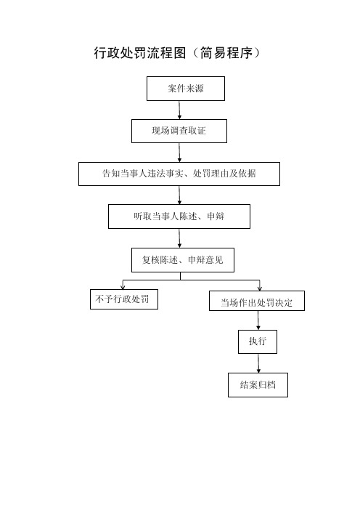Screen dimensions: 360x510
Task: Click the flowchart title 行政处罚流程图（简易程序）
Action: (177, 53)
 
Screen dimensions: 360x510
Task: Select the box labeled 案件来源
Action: (186, 89)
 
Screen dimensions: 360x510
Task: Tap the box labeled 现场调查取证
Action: (179, 131)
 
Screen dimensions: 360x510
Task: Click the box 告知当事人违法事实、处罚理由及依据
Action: (179, 174)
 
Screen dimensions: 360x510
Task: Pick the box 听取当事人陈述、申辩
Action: (179, 216)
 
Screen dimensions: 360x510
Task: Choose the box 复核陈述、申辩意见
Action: (183, 260)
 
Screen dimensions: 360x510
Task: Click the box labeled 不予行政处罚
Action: (124, 299)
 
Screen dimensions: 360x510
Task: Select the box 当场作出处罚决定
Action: (257, 301)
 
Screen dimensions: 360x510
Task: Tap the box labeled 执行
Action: (258, 341)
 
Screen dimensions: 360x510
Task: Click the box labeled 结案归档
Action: (258, 385)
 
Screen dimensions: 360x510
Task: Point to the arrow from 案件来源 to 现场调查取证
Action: (179, 110)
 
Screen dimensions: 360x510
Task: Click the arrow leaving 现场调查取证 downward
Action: (179, 153)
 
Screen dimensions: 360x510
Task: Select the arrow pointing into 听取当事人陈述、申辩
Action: (179, 195)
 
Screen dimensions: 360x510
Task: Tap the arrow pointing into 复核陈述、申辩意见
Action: (179, 238)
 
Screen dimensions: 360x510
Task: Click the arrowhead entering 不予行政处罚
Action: (123, 286)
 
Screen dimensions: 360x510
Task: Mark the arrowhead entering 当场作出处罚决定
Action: (259, 288)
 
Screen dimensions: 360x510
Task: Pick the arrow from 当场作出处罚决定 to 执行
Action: (258, 320)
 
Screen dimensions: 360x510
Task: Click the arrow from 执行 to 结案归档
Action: (258, 363)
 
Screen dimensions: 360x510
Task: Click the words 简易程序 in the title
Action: (226, 53)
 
